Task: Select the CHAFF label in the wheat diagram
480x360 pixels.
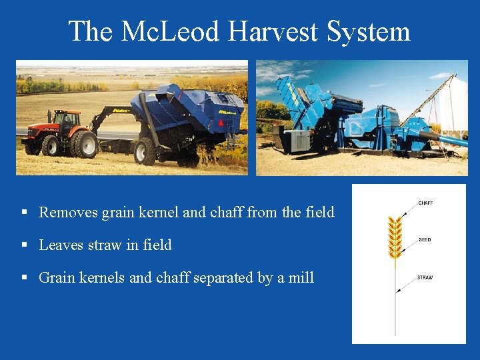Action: (425, 203)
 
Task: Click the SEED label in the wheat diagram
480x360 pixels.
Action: (425, 240)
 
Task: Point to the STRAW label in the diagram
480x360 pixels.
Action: (425, 277)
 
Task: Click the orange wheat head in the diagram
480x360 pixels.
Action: (395, 237)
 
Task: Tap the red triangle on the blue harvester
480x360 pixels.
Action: (221, 124)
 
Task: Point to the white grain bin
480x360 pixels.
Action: (454, 103)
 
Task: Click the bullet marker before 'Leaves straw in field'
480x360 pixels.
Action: (24, 245)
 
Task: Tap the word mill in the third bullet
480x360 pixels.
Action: (301, 277)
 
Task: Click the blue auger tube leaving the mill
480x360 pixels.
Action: (443, 139)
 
